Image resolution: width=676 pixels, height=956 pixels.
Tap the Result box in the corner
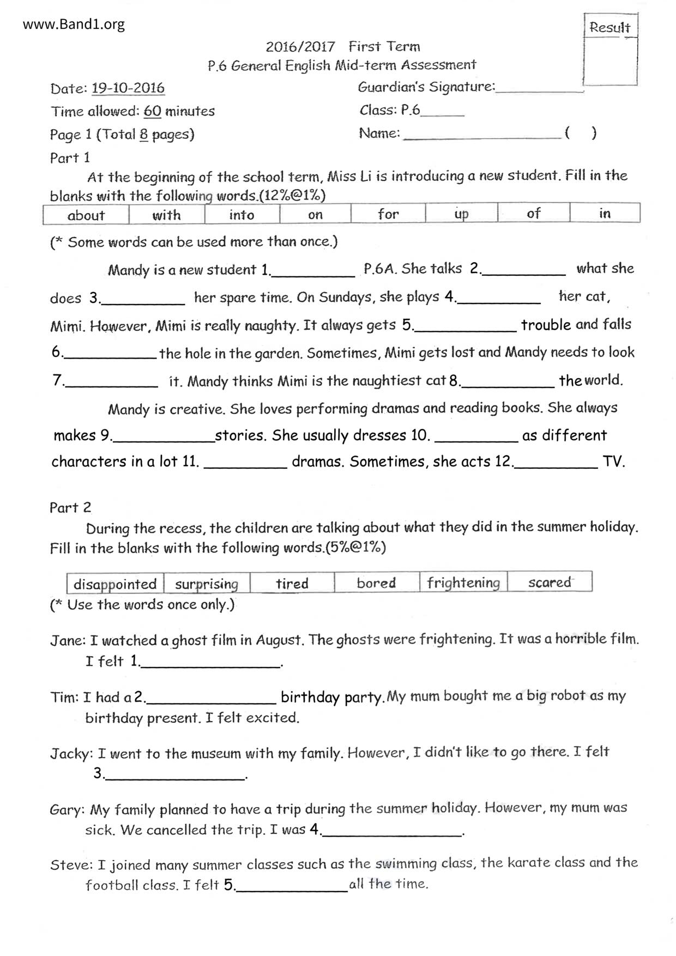pyautogui.click(x=610, y=50)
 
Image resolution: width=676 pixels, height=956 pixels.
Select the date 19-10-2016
pyautogui.click(x=128, y=88)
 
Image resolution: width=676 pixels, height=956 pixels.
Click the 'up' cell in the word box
pyautogui.click(x=461, y=214)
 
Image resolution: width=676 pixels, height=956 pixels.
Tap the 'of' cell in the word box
pyautogui.click(x=534, y=213)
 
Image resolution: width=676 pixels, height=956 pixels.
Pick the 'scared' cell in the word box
pyautogui.click(x=550, y=582)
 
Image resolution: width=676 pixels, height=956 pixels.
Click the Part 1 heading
pyautogui.click(x=70, y=158)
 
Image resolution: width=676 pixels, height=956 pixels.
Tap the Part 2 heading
pyautogui.click(x=70, y=508)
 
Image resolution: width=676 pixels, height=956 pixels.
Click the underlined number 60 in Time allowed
pyautogui.click(x=153, y=111)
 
